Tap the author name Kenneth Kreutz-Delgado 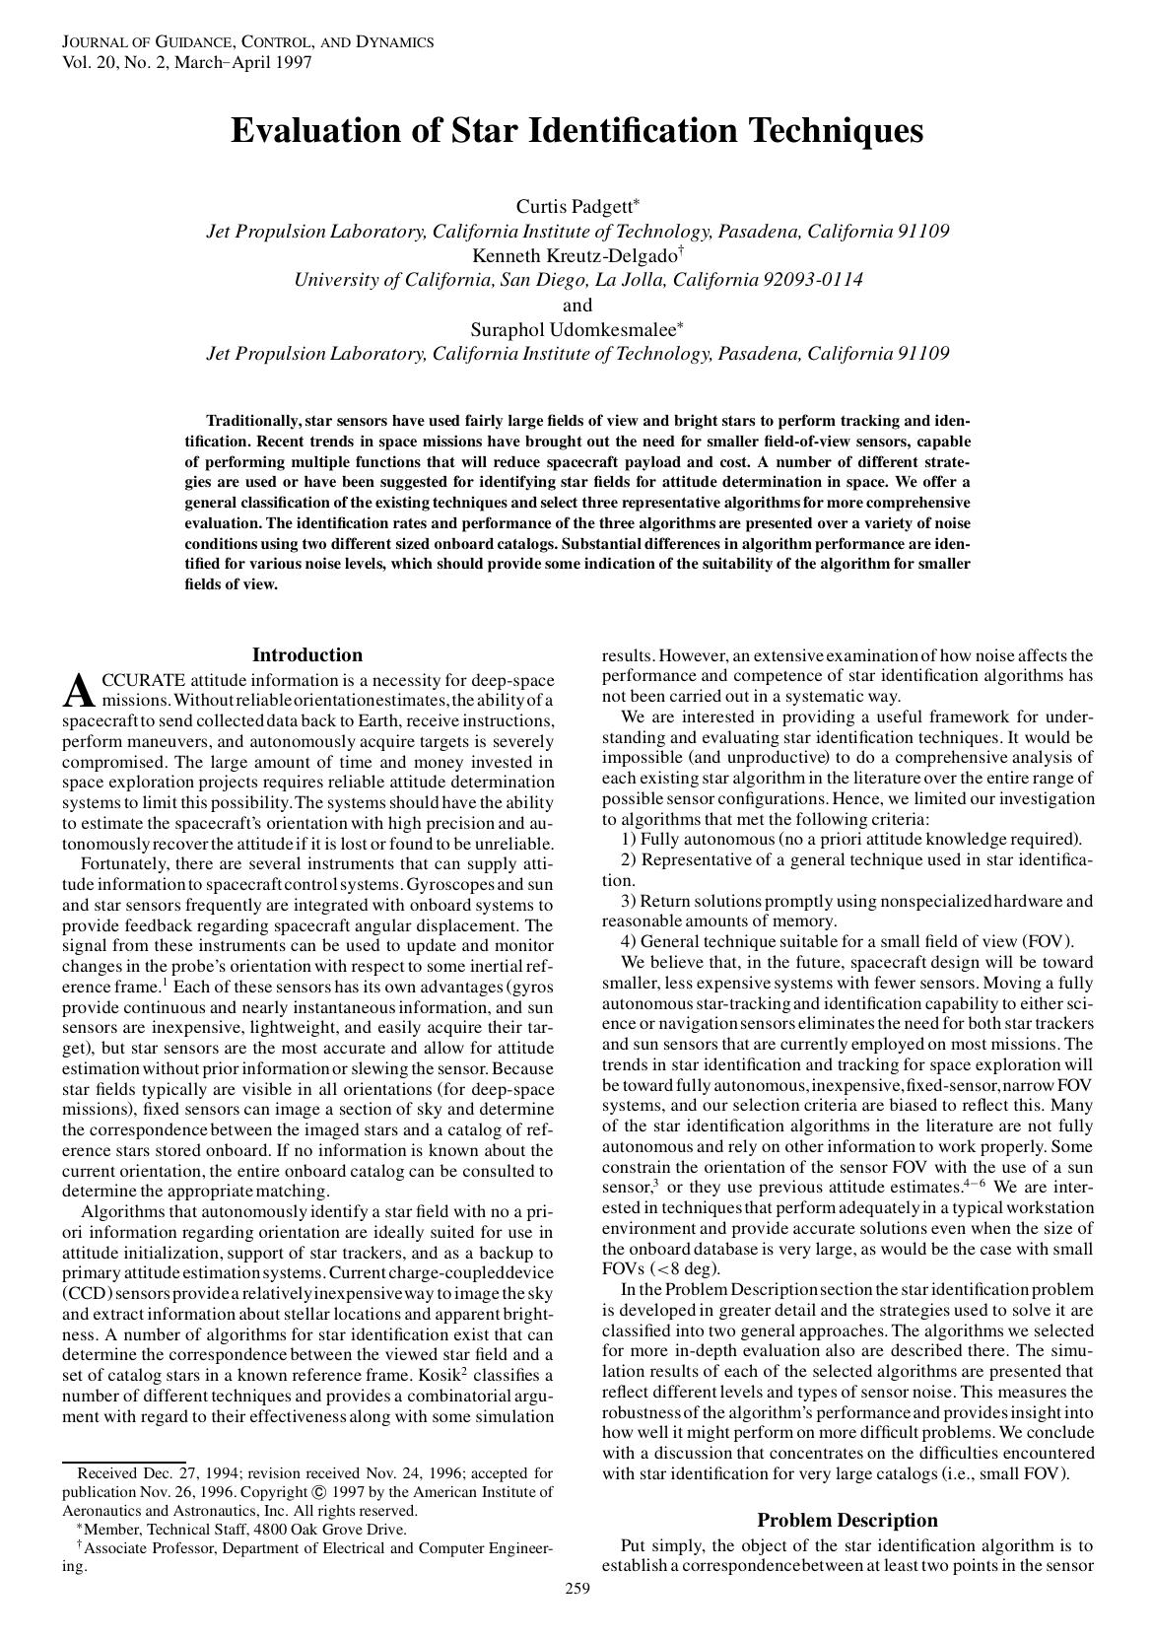pos(573,256)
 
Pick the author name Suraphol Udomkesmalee pos(572,330)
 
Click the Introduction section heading pos(307,655)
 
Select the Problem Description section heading pos(847,1520)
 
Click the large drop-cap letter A pos(78,693)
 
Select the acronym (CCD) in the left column pos(90,1293)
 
